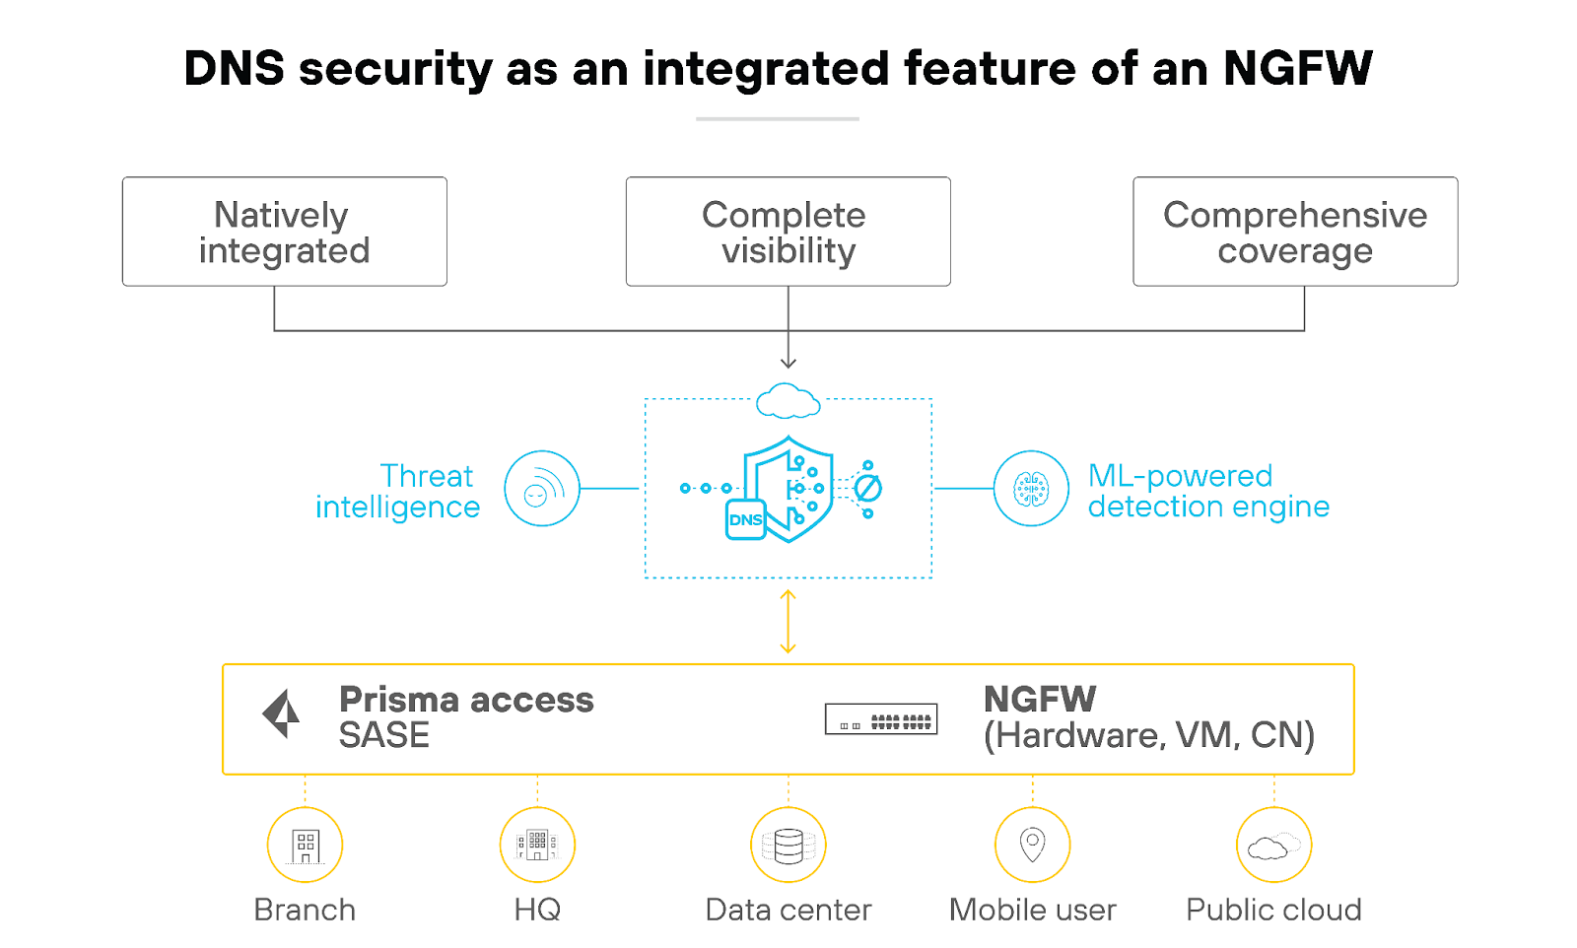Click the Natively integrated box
click(284, 233)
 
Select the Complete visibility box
click(788, 233)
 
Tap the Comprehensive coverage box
click(1294, 233)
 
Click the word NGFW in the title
click(1297, 69)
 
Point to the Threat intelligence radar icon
click(541, 489)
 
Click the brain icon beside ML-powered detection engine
click(1031, 489)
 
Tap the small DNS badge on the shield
click(745, 519)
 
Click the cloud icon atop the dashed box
click(788, 401)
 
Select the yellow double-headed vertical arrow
click(788, 622)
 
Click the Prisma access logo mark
click(282, 713)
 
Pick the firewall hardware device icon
click(881, 719)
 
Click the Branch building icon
click(306, 846)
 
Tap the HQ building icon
click(537, 846)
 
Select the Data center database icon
click(788, 846)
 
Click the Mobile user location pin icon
click(1032, 846)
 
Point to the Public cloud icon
click(1273, 846)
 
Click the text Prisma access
click(466, 700)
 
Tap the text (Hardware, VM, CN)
click(1149, 736)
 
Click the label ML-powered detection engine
click(1208, 491)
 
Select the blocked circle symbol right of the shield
click(867, 488)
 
